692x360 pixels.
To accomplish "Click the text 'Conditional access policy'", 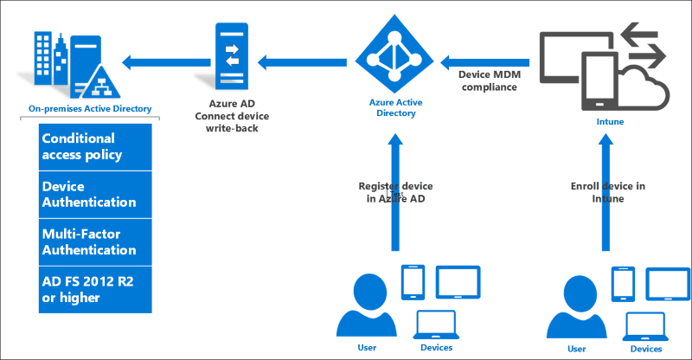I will pyautogui.click(x=83, y=147).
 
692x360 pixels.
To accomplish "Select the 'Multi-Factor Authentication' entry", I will pyautogui.click(x=88, y=241).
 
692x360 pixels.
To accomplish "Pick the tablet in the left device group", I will pyautogui.click(x=457, y=280).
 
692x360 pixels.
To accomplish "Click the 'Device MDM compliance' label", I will pyautogui.click(x=488, y=81).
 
